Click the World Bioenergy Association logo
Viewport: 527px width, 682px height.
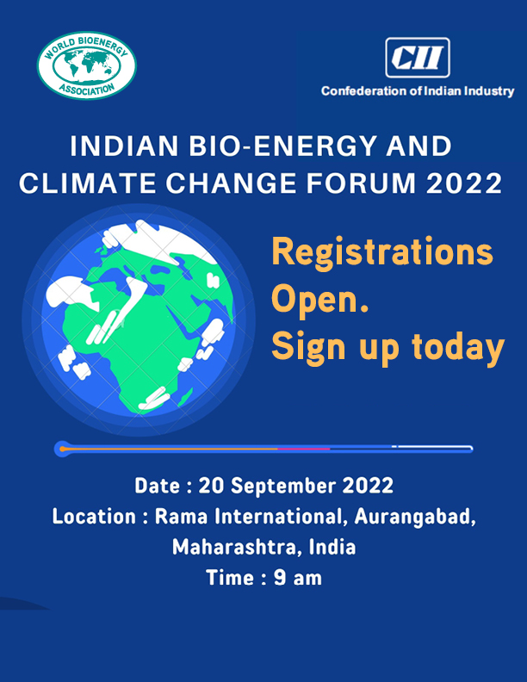[86, 65]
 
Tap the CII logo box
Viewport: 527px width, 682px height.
[418, 58]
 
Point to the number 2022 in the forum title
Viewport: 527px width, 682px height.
[464, 183]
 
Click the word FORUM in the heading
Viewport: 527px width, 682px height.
[361, 183]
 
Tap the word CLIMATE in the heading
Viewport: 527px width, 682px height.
[87, 183]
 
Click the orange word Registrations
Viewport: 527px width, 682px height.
[382, 252]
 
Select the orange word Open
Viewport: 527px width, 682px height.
[320, 301]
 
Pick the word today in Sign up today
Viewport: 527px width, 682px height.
[458, 348]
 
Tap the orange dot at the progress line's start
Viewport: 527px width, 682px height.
[63, 449]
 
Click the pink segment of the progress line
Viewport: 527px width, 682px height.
[303, 449]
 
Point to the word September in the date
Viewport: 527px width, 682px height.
[283, 486]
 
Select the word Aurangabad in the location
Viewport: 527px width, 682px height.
[415, 517]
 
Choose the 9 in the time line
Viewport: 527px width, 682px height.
[280, 578]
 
